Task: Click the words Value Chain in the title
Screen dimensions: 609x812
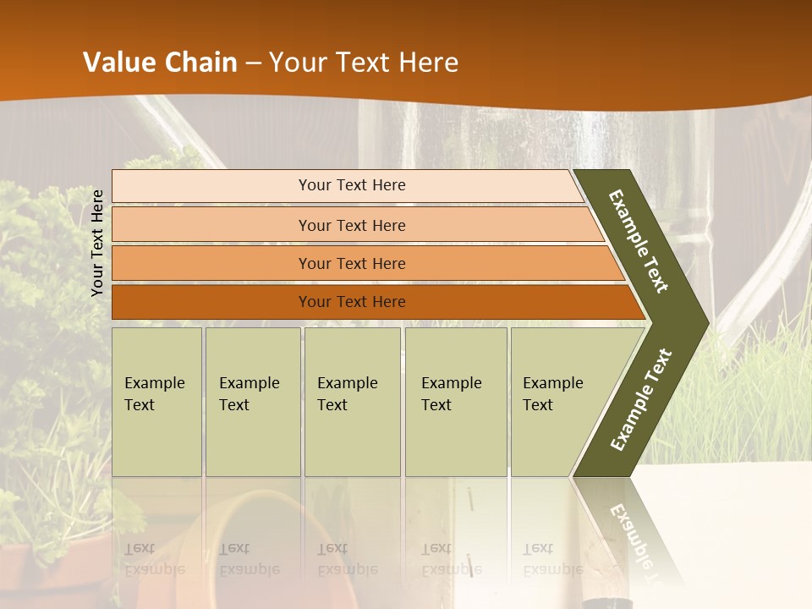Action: pos(160,63)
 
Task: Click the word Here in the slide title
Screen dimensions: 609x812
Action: pos(428,63)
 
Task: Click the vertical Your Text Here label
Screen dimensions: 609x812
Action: pos(97,243)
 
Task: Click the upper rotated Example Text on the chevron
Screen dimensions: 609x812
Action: pos(639,241)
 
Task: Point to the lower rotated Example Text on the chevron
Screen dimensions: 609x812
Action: pos(641,400)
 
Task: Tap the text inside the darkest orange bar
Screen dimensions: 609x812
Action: pos(352,302)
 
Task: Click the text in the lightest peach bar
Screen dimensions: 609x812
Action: pos(352,185)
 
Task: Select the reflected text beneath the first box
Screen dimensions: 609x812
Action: pos(154,558)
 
